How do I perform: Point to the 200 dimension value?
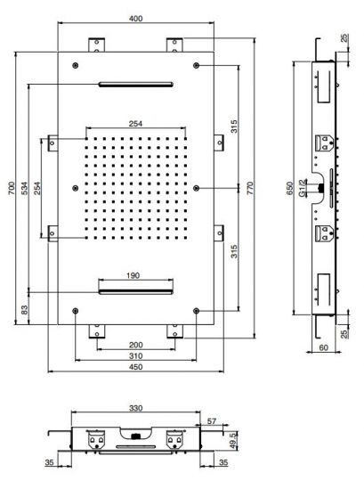tap(134, 345)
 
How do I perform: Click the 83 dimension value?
tap(25, 310)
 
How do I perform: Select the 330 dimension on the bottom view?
tap(134, 409)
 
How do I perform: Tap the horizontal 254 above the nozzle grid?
tap(134, 124)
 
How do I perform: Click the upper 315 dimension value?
tap(233, 126)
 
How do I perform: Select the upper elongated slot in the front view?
tap(134, 85)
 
